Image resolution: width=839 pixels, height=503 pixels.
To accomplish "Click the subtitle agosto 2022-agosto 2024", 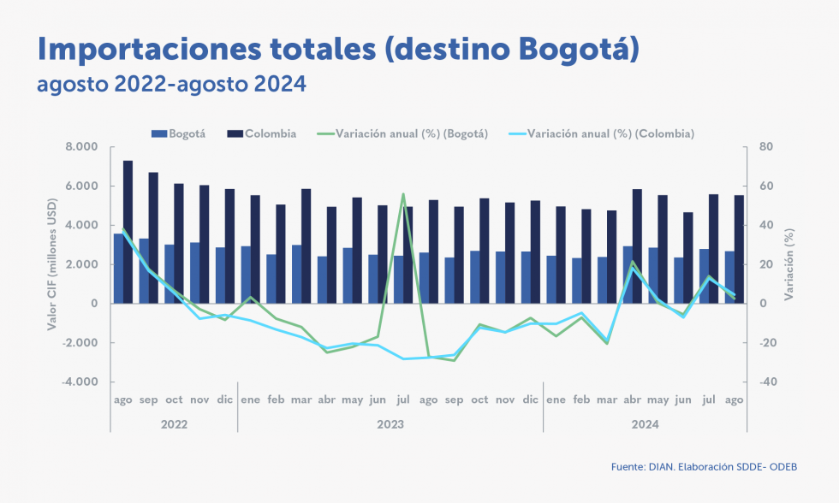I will click(170, 86).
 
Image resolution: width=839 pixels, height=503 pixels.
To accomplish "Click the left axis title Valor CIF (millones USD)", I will click(52, 264).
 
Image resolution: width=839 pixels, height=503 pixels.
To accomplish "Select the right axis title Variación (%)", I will click(788, 264).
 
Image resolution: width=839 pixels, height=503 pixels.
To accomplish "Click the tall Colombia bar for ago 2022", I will click(128, 231).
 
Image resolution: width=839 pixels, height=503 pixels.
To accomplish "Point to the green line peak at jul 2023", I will click(403, 194).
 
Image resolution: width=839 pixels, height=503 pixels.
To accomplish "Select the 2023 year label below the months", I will click(390, 424).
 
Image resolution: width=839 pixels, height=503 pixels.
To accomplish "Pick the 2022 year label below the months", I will click(174, 424).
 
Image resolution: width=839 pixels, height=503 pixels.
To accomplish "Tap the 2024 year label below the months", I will click(644, 424).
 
